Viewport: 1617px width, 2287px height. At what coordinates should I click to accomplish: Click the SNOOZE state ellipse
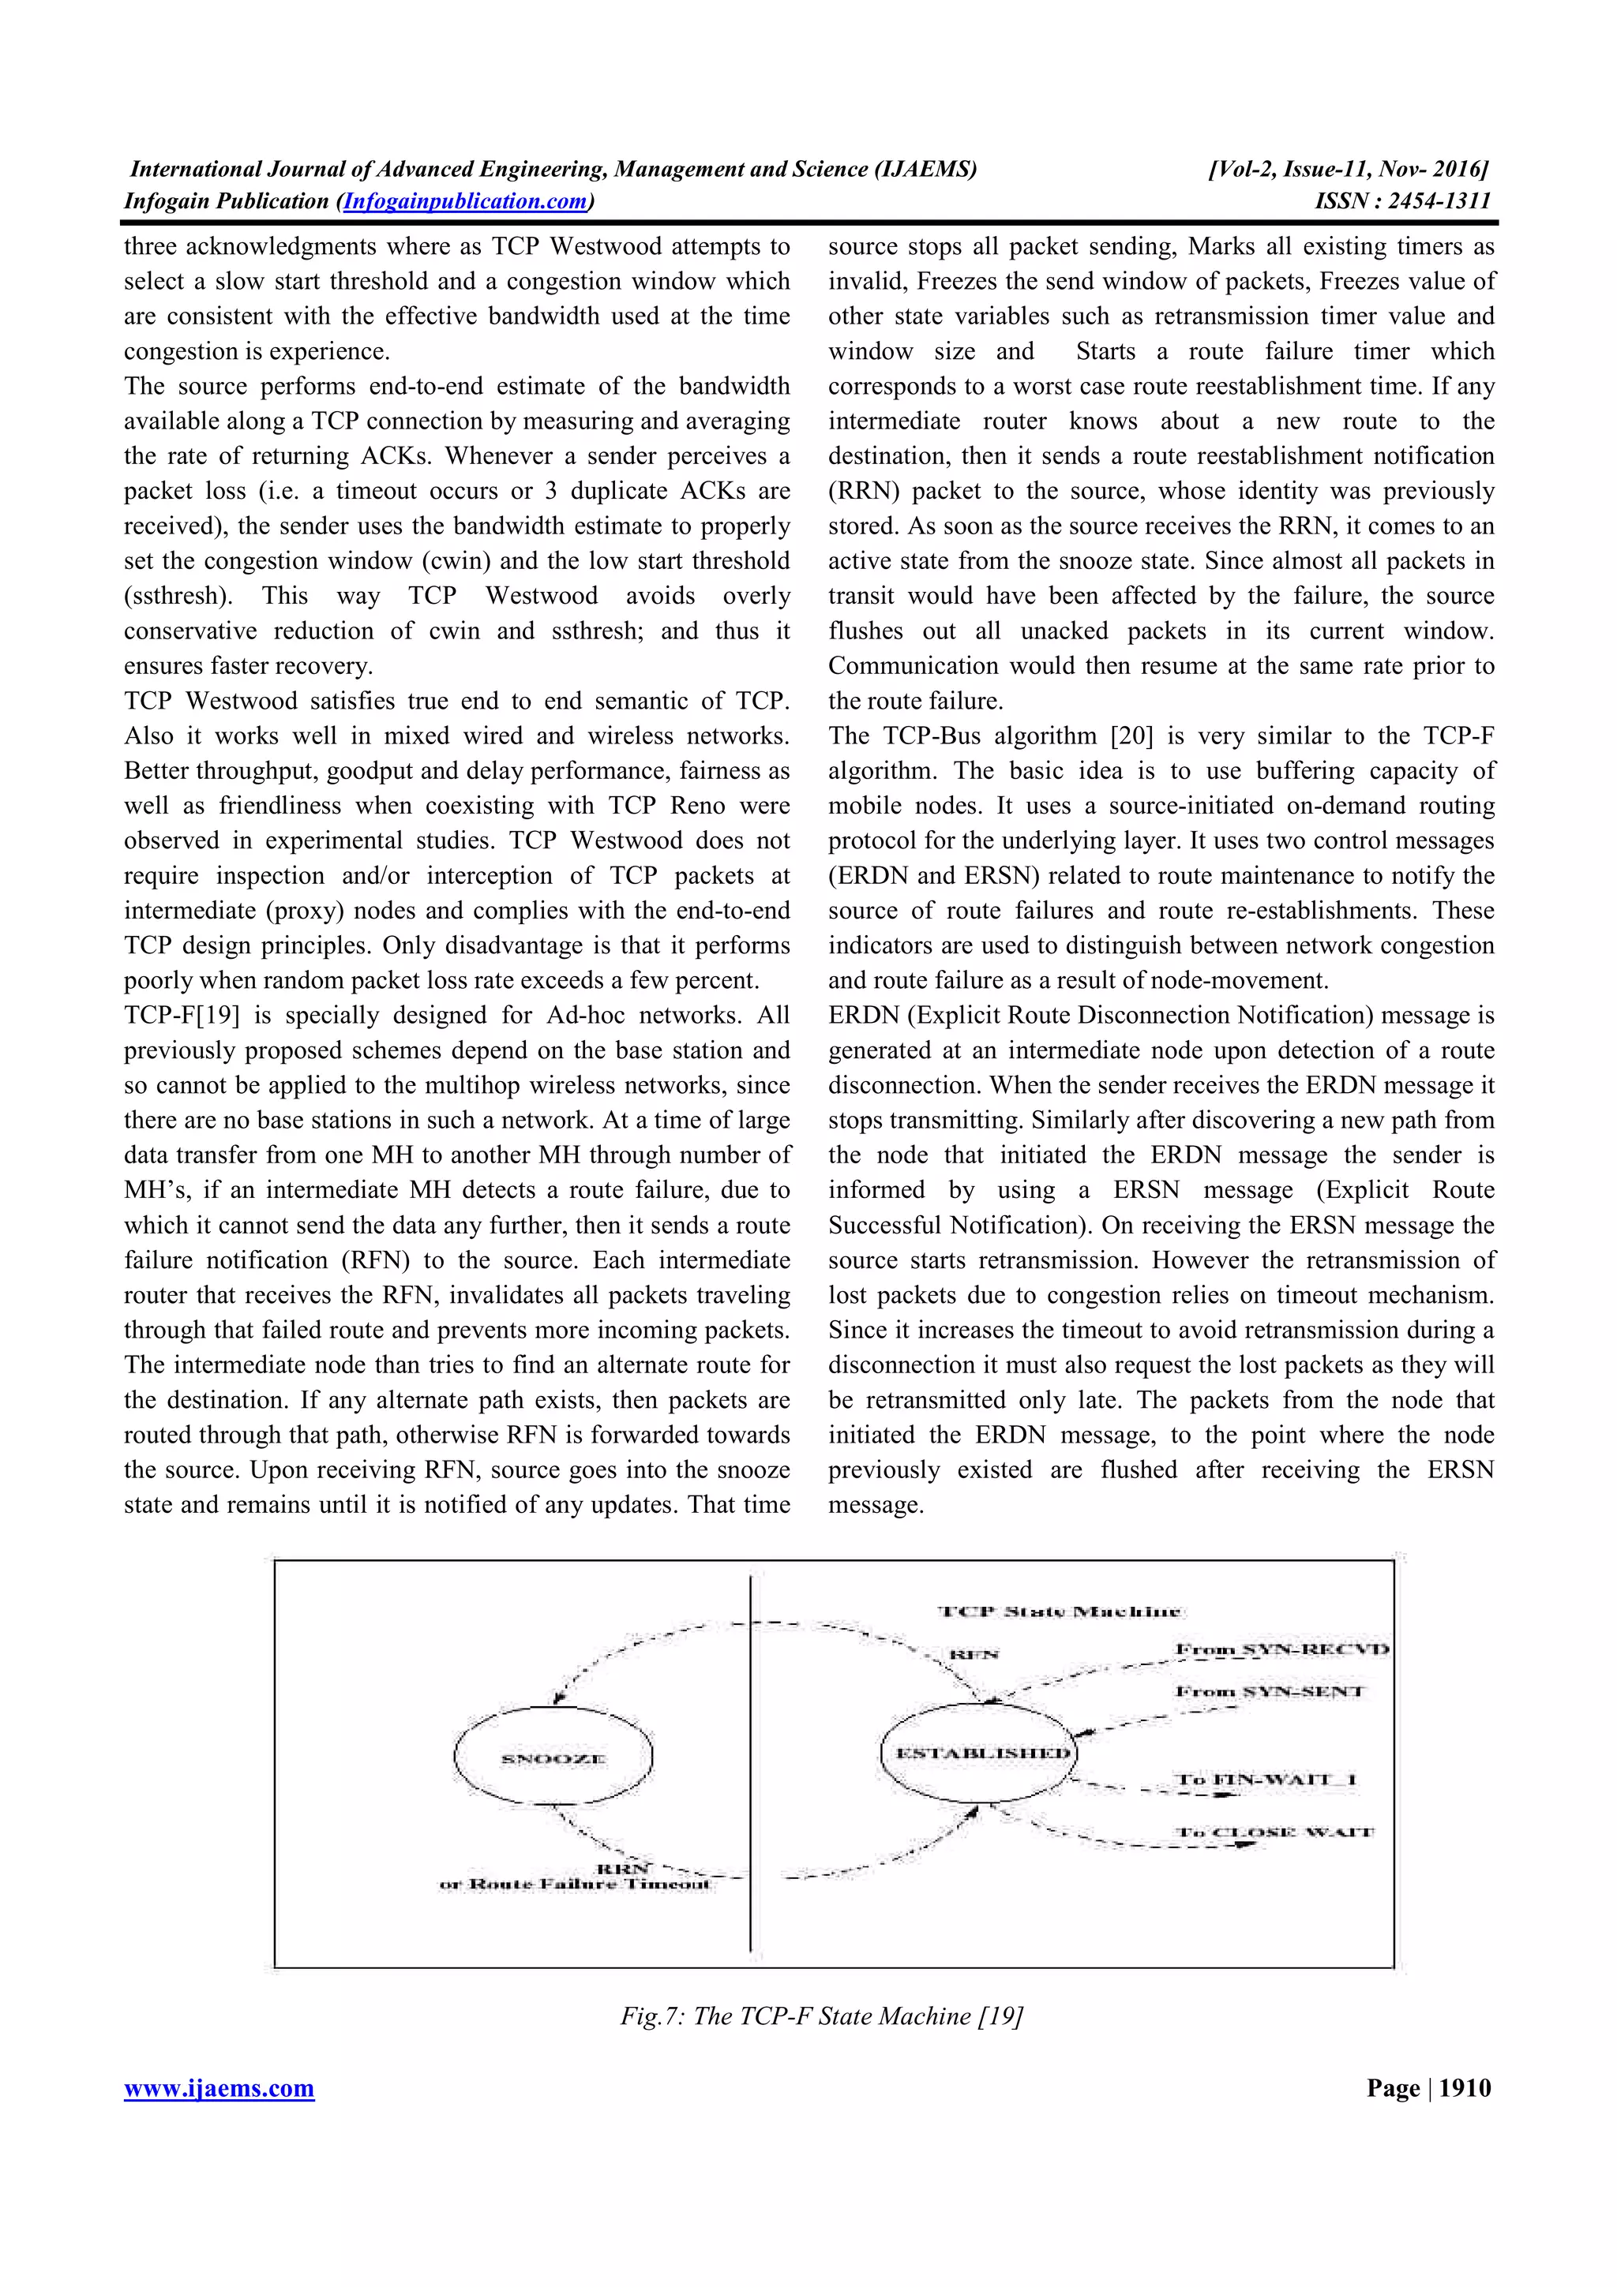(x=553, y=1758)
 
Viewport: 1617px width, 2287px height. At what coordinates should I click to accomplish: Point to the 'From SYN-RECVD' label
(x=1282, y=1649)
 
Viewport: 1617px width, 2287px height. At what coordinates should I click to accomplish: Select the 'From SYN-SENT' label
(x=1270, y=1691)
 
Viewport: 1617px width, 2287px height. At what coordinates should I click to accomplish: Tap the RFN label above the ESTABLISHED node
(x=974, y=1655)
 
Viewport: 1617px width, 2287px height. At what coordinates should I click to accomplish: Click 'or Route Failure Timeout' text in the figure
(x=575, y=1884)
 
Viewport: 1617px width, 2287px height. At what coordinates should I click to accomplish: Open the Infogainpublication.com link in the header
(x=464, y=201)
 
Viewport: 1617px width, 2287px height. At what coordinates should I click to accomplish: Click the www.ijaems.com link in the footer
(x=219, y=2088)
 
